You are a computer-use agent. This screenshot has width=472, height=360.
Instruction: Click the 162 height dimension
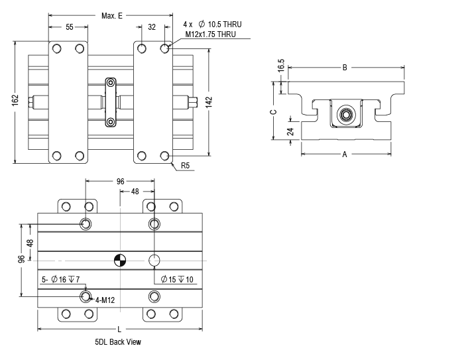tap(15, 99)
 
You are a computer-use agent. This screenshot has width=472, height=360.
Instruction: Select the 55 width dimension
tap(69, 27)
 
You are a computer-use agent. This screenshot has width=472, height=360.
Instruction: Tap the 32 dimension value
tap(152, 27)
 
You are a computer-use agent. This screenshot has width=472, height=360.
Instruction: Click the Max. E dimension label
tap(112, 15)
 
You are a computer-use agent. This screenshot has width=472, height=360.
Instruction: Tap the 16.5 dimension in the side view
tap(281, 66)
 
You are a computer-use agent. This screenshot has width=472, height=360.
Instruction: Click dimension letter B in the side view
tap(345, 67)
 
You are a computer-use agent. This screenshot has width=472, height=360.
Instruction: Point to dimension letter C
tap(272, 111)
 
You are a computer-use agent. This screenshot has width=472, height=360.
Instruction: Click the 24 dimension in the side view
tap(290, 131)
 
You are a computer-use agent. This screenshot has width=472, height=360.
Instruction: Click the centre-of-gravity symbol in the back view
tap(119, 260)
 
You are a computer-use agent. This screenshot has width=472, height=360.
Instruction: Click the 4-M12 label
tap(105, 300)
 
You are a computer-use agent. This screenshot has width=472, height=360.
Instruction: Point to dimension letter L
tap(119, 329)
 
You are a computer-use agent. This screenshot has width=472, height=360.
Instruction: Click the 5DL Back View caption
tap(117, 342)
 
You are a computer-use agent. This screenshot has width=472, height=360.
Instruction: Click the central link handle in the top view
tap(110, 101)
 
